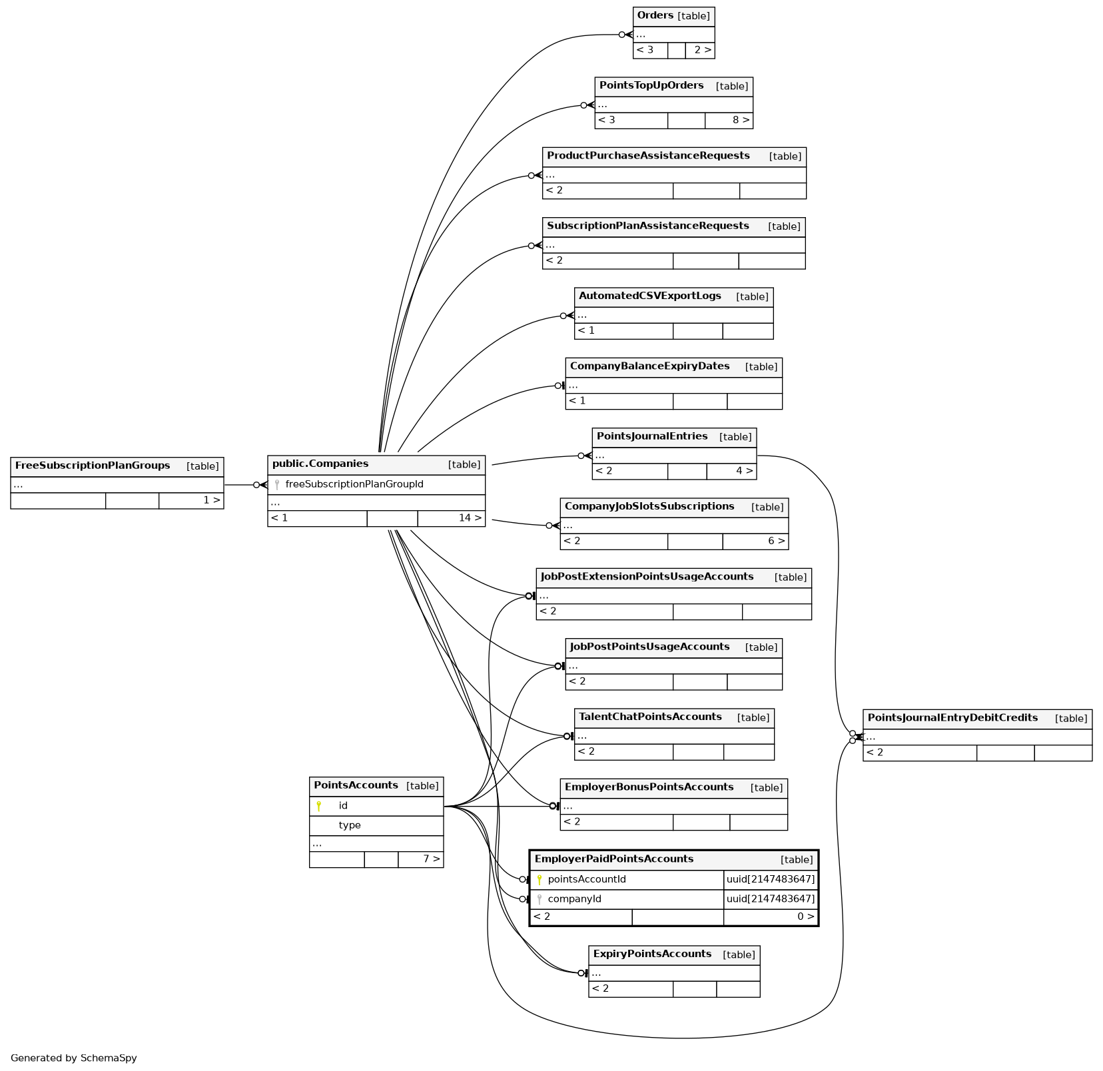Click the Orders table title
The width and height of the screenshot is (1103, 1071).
tap(655, 15)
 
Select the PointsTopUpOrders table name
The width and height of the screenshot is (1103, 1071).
tap(651, 85)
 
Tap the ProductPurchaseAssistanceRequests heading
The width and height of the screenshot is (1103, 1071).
tap(647, 155)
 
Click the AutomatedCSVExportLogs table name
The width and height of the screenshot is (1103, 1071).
tap(649, 296)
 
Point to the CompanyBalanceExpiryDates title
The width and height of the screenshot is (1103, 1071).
tap(649, 366)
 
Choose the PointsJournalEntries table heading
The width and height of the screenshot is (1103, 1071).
tap(651, 436)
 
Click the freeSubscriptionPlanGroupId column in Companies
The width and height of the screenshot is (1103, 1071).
tap(354, 484)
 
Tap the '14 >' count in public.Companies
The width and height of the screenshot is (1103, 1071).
tap(469, 518)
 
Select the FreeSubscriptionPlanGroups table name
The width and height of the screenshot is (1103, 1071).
tap(93, 465)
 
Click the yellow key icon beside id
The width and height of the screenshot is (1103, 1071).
tap(319, 806)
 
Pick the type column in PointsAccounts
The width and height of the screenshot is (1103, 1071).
tap(349, 825)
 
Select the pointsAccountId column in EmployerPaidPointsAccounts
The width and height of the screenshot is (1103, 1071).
tap(586, 879)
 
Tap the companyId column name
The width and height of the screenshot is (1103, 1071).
tap(574, 898)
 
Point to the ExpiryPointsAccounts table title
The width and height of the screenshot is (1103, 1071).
tap(652, 954)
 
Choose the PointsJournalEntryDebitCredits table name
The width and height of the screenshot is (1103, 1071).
tap(952, 717)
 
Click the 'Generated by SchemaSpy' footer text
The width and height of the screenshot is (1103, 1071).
tap(73, 1058)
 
